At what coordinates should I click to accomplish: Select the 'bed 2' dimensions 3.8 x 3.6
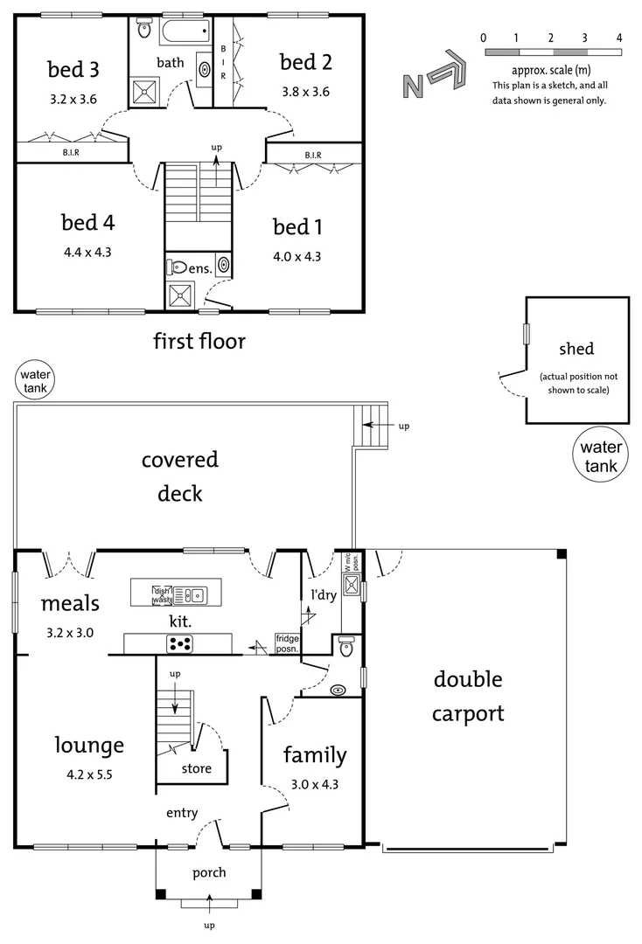pyautogui.click(x=304, y=91)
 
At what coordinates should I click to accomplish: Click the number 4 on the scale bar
pyautogui.click(x=618, y=38)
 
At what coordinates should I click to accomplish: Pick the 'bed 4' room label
pyautogui.click(x=87, y=223)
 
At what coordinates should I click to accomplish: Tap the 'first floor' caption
pyautogui.click(x=199, y=341)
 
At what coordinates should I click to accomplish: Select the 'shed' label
pyautogui.click(x=576, y=350)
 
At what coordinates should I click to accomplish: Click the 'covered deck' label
pyautogui.click(x=180, y=475)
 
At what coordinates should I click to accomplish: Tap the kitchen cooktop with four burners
pyautogui.click(x=180, y=644)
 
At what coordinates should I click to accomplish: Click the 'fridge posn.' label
pyautogui.click(x=288, y=643)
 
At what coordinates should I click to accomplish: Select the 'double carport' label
pyautogui.click(x=468, y=696)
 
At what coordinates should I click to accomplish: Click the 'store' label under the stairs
pyautogui.click(x=196, y=769)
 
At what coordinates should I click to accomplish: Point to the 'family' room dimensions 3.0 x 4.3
pyautogui.click(x=314, y=784)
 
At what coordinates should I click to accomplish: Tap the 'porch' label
pyautogui.click(x=209, y=872)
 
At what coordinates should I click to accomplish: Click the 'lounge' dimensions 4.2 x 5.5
pyautogui.click(x=89, y=774)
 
